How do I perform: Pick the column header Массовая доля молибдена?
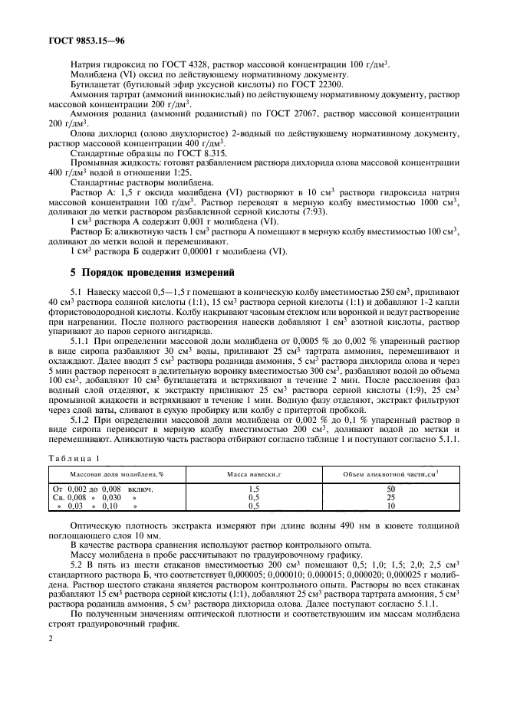click(113, 475)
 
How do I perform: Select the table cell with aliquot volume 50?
click(390, 488)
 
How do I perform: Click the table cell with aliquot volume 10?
click(390, 506)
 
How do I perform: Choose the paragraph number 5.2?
click(77, 564)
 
